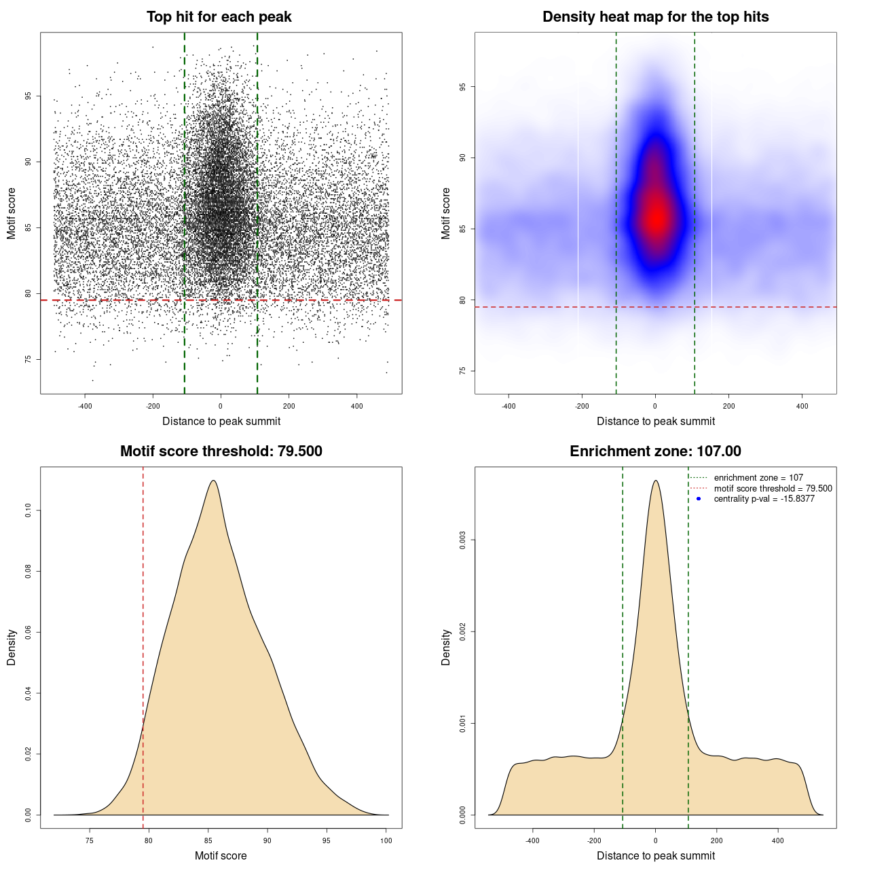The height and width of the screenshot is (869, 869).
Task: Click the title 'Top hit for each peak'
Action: (x=219, y=17)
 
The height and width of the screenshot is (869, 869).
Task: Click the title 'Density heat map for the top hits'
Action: (x=655, y=17)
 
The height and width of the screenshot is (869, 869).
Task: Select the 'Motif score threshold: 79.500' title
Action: (x=221, y=451)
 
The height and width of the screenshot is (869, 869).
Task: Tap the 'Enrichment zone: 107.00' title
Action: (x=655, y=451)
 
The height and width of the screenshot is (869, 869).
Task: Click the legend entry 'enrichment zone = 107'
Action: (x=758, y=478)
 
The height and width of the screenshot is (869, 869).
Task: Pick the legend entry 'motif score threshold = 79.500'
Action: (x=773, y=488)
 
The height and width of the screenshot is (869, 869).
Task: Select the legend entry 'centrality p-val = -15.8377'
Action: (x=764, y=499)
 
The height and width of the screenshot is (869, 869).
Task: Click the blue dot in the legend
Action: (x=699, y=499)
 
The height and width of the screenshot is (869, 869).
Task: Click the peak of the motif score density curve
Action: (x=214, y=481)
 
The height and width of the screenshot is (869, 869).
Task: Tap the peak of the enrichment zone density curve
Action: (x=655, y=481)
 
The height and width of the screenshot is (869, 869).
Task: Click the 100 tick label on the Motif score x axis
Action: (x=386, y=840)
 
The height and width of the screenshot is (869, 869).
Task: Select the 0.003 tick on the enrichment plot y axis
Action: (x=463, y=540)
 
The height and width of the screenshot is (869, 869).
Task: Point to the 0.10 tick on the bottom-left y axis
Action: (x=29, y=511)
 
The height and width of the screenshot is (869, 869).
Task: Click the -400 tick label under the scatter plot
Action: (x=85, y=406)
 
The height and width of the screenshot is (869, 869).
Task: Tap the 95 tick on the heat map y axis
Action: (x=463, y=87)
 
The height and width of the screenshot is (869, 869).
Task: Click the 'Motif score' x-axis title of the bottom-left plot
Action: (x=221, y=855)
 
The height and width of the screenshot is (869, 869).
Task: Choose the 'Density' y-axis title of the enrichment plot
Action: (x=446, y=647)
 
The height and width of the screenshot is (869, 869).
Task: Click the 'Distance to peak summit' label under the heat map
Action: (x=655, y=421)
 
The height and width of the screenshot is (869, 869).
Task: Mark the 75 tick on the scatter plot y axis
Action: (x=29, y=359)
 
